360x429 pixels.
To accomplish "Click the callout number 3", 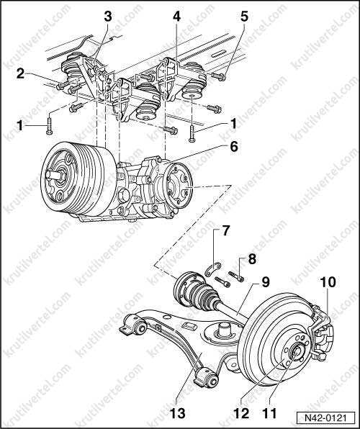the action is click(107, 17).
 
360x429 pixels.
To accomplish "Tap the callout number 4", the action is click(176, 17).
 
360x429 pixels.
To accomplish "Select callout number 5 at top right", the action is click(244, 17).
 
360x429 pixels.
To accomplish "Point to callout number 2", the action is click(21, 74).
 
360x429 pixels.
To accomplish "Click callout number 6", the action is click(233, 147).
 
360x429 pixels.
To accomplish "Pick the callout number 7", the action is click(225, 231).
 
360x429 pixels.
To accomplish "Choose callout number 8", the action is click(252, 259).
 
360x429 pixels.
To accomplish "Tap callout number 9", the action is click(265, 282).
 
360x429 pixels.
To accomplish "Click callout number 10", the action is click(328, 282).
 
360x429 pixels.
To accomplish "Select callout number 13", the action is click(177, 413).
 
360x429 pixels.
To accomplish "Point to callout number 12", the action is click(241, 413).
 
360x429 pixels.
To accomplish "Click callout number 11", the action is click(269, 413).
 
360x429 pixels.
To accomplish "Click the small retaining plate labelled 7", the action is click(214, 268).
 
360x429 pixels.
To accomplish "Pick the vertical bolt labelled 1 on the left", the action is click(49, 126).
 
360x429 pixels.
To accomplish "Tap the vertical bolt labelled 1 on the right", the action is click(192, 134).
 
